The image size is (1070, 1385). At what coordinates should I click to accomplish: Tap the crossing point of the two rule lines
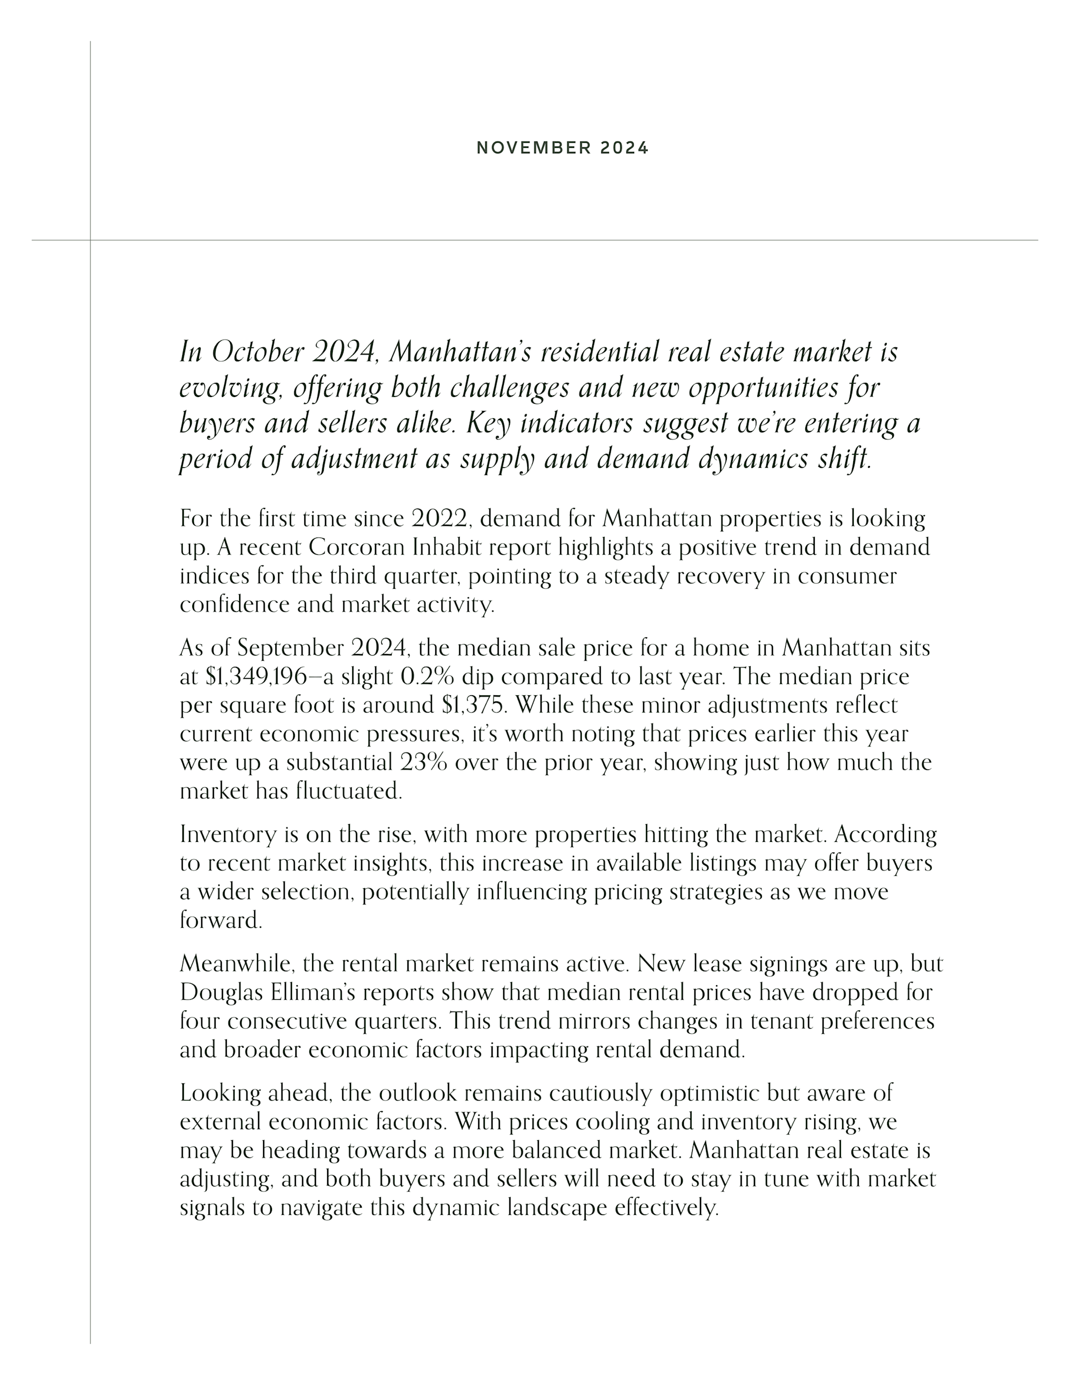pyautogui.click(x=90, y=240)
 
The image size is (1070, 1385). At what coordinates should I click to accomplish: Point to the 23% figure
pyautogui.click(x=424, y=762)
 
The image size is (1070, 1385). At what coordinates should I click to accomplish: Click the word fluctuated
pyautogui.click(x=349, y=791)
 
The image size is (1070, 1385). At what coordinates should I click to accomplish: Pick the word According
pyautogui.click(x=885, y=835)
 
